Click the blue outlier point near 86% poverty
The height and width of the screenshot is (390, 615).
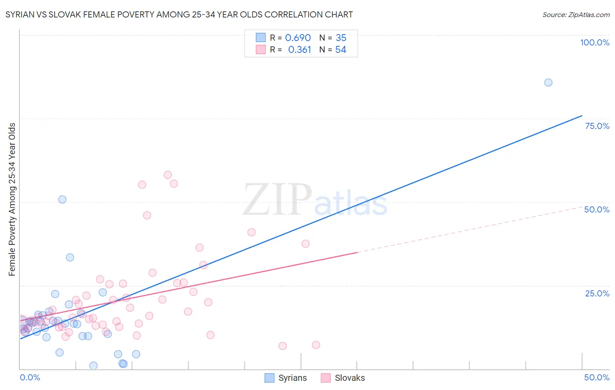click(x=548, y=83)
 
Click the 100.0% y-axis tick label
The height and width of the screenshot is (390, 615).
click(x=594, y=42)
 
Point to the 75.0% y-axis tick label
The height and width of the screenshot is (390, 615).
click(x=597, y=126)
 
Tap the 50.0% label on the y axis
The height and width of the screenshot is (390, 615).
click(x=597, y=209)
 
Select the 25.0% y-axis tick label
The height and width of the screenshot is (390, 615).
click(x=597, y=293)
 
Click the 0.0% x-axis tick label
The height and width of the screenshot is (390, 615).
click(x=30, y=377)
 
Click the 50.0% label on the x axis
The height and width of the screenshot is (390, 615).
click(x=597, y=377)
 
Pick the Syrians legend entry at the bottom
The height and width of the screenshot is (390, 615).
click(x=286, y=378)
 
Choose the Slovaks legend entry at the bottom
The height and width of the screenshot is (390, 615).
click(x=343, y=378)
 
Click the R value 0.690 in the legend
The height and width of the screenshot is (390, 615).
click(x=298, y=38)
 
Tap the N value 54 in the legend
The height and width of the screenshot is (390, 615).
click(x=341, y=50)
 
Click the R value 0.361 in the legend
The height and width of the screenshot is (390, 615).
click(x=299, y=50)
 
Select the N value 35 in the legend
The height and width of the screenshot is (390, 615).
click(x=341, y=38)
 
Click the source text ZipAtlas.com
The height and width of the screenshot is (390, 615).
click(x=576, y=14)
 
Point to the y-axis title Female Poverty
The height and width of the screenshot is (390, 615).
click(x=12, y=199)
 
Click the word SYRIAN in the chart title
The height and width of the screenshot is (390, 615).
click(x=20, y=14)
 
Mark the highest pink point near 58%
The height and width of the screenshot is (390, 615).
click(x=168, y=175)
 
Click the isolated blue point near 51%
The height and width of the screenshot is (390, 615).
click(x=62, y=199)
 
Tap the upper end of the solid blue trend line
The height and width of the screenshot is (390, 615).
click(x=582, y=116)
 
